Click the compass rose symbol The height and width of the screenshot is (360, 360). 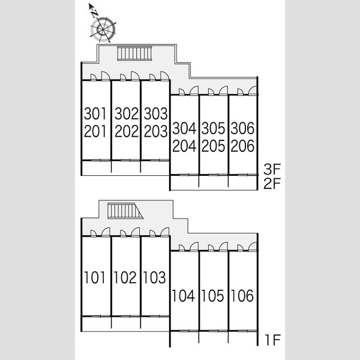pyautogui.click(x=103, y=30)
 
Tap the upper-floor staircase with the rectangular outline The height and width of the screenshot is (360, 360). pyautogui.click(x=134, y=53)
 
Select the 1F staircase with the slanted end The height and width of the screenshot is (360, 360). pyautogui.click(x=125, y=211)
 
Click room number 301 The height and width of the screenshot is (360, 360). pyautogui.click(x=95, y=113)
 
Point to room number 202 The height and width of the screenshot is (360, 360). pyautogui.click(x=127, y=131)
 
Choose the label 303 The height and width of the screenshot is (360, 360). pyautogui.click(x=155, y=113)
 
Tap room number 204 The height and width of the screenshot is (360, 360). pyautogui.click(x=184, y=146)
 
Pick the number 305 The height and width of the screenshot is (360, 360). pyautogui.click(x=213, y=128)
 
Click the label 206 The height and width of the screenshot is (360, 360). pyautogui.click(x=242, y=146)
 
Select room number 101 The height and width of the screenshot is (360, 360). pyautogui.click(x=95, y=277)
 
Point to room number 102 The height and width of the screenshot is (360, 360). pyautogui.click(x=125, y=277)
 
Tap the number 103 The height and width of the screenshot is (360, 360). pyautogui.click(x=154, y=277)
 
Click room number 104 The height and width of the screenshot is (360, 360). pyautogui.click(x=183, y=296)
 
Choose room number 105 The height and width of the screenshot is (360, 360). pyautogui.click(x=212, y=296)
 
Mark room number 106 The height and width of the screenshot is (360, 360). pyautogui.click(x=242, y=296)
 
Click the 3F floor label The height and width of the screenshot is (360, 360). pyautogui.click(x=272, y=169)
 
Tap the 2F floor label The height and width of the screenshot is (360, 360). pyautogui.click(x=272, y=183)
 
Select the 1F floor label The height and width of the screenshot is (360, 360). pyautogui.click(x=273, y=340)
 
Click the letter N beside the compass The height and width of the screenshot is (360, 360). pyautogui.click(x=95, y=14)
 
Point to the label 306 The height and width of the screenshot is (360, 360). pyautogui.click(x=242, y=128)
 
